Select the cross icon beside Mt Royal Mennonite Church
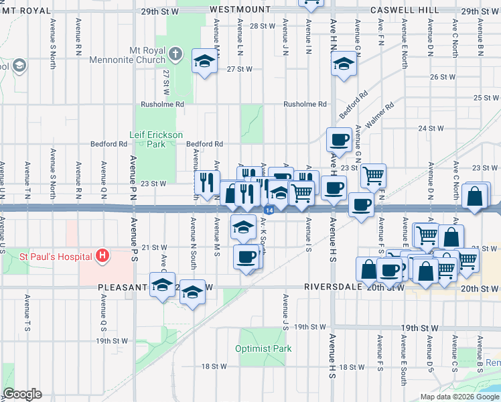pos(175,53)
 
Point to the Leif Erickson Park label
pos(156,139)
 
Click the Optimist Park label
pos(263,348)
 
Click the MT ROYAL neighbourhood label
pos(27,11)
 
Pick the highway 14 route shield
pos(269,210)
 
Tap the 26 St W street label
pos(442,77)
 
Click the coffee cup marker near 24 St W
pos(338,139)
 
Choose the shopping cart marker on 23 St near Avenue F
pos(373,176)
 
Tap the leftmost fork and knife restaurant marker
pos(206,180)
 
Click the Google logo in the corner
pos(22,394)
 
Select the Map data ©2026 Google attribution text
pos(459,397)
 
